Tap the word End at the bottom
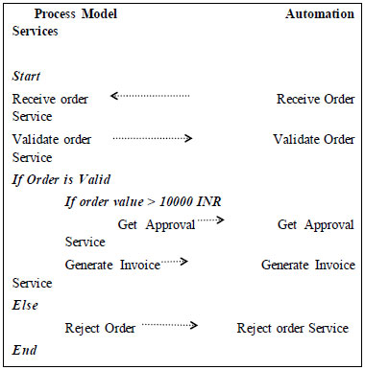25,350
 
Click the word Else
26,305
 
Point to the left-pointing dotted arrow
150,96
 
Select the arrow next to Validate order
153,138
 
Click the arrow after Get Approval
209,220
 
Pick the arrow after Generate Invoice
174,261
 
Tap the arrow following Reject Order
169,326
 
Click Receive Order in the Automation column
315,100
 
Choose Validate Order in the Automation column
313,140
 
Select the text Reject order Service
293,328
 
